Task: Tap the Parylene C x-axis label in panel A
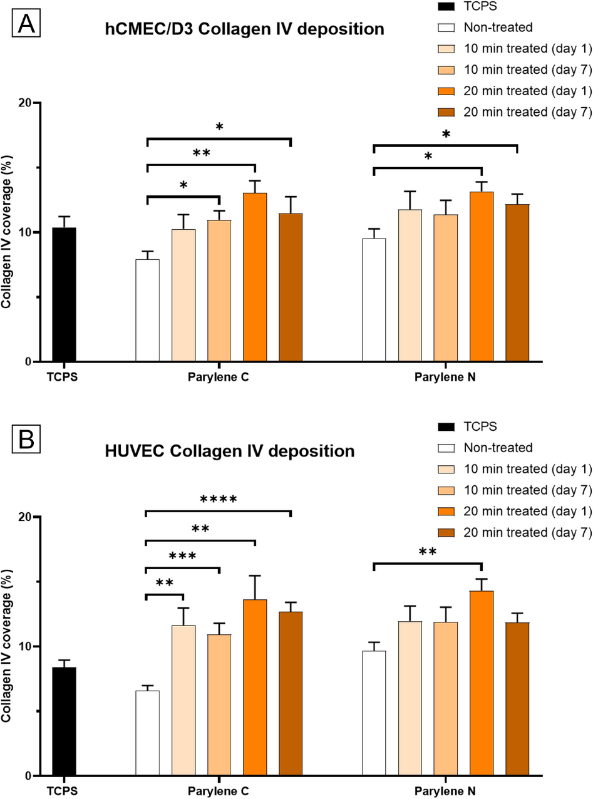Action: [218, 378]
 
